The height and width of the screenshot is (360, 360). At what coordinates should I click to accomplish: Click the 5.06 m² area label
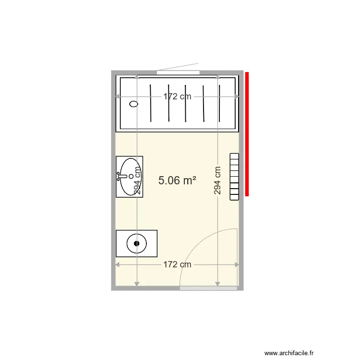point(177,180)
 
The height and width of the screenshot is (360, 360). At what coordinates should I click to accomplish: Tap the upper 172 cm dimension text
point(177,96)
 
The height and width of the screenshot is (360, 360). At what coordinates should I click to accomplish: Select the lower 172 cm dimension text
point(177,264)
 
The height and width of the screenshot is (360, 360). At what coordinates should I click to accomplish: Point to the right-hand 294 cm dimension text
point(217,180)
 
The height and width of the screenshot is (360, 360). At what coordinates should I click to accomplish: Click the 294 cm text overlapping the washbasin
point(137,180)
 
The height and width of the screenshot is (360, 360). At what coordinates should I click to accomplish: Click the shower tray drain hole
point(134,103)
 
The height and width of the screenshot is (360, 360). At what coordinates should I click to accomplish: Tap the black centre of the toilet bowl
point(137,243)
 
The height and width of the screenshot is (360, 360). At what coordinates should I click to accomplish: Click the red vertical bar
point(247,134)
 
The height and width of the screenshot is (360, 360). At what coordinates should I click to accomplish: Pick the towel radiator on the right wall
point(234,176)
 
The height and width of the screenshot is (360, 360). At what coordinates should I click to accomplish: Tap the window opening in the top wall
point(178,72)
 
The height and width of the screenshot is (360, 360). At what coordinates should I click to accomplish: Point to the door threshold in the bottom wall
point(208,288)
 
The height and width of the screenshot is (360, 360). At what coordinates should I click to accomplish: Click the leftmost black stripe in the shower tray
point(151,103)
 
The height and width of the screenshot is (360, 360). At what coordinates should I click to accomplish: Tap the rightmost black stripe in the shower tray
point(221,103)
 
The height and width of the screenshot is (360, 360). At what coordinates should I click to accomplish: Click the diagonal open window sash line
point(178,67)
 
